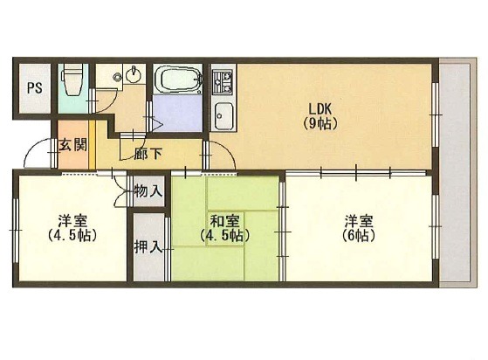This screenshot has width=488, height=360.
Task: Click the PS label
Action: pos(35,88)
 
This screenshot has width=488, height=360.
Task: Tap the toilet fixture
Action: pos(72,80)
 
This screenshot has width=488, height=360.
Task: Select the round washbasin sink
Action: pos(134,74)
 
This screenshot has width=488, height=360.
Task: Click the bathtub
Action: pos(177,80)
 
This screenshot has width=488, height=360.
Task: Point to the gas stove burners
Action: pos(223,81)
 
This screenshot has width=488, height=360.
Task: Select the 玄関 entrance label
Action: pos(73,145)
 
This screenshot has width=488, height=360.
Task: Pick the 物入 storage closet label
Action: pos(148,190)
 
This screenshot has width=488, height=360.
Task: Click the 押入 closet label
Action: pos(148,247)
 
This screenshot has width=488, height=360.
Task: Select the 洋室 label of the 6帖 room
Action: pos(359,221)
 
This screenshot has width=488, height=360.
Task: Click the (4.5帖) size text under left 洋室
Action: pos(72,236)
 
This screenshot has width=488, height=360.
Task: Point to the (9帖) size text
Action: pos(320,125)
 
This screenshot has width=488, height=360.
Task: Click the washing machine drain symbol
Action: pos(118,76)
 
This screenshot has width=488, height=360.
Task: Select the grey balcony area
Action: pos(457,172)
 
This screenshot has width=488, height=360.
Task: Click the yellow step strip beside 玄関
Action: pos(93,144)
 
